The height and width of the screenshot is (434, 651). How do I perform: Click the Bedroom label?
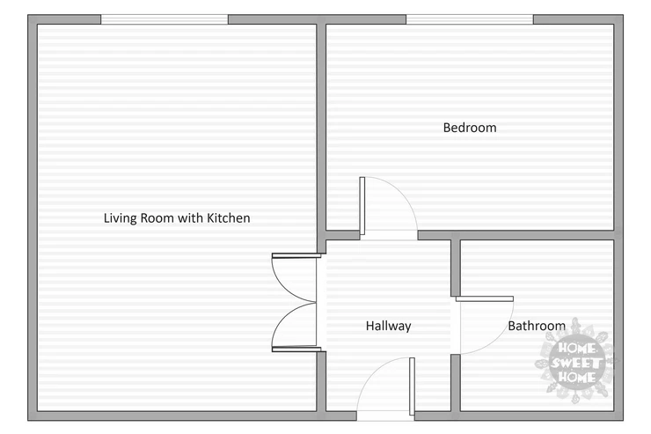click(470, 128)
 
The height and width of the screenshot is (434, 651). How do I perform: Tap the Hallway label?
click(388, 326)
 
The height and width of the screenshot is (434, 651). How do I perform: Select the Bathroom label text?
click(537, 326)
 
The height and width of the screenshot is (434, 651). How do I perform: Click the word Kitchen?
click(229, 218)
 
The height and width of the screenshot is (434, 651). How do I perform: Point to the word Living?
click(121, 218)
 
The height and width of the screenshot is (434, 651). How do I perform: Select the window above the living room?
click(165, 19)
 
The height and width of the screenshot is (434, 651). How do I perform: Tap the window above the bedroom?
click(470, 19)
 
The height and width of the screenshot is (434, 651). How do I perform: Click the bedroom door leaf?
click(362, 206)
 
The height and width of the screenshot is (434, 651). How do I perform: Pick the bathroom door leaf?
click(485, 298)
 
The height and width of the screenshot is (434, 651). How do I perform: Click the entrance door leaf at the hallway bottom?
click(412, 386)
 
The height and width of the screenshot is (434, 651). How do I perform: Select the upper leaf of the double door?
click(296, 255)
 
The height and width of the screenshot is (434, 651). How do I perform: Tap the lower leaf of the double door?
click(296, 349)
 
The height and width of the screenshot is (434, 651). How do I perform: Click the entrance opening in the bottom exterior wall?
click(385, 416)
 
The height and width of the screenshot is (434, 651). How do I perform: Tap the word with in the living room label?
click(191, 218)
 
